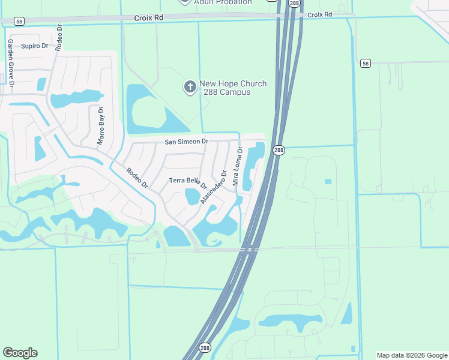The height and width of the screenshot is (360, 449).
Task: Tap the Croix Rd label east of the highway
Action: coord(319,14)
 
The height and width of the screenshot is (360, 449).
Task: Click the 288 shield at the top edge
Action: coord(294,4)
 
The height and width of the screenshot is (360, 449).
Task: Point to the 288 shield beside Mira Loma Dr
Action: coord(279,150)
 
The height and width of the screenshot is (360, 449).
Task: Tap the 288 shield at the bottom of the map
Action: coord(205,348)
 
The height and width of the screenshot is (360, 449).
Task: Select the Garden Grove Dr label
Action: coord(11,64)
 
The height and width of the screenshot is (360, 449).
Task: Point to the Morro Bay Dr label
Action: coord(101,126)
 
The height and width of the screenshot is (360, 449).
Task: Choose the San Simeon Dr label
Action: coord(187,142)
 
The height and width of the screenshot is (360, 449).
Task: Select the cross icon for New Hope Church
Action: coord(190,88)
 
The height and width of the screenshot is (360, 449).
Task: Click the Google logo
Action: coord(20,353)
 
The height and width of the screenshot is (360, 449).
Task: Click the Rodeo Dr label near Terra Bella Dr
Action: coord(137,178)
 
